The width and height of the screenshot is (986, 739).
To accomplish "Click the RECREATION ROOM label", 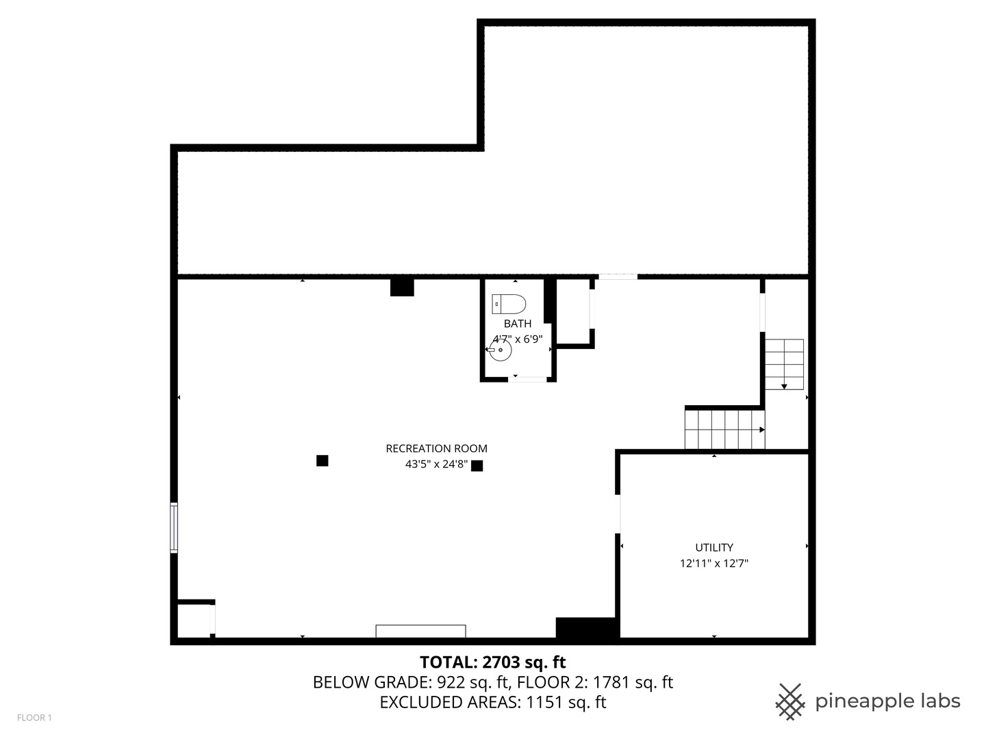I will pos(436,449).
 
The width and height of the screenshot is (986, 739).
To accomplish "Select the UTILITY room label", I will pos(714,547).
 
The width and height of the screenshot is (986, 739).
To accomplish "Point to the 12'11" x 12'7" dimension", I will pos(714,564).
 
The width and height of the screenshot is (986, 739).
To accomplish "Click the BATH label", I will pos(517,324).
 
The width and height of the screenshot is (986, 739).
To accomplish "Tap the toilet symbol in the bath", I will pos(509,304).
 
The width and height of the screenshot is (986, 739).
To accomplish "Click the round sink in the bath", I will pos(501,350).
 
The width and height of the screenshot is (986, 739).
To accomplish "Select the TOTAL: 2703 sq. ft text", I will pos(492,662).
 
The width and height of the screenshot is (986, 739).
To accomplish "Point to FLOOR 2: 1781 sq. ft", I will pos(595,682).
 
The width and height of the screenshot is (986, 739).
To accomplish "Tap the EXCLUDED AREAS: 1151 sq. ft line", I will pos(492,702).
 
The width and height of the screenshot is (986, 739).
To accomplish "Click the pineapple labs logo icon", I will pos(790,701).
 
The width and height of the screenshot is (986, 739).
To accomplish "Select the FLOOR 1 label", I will pos(34,718).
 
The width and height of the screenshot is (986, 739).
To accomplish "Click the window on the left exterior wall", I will pos(174,528).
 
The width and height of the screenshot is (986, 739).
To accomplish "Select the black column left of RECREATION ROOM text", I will pos(322,461).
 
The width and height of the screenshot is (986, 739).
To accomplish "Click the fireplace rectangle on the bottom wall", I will pos(420,632).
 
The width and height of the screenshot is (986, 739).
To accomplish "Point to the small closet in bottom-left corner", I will pos(194,621).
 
